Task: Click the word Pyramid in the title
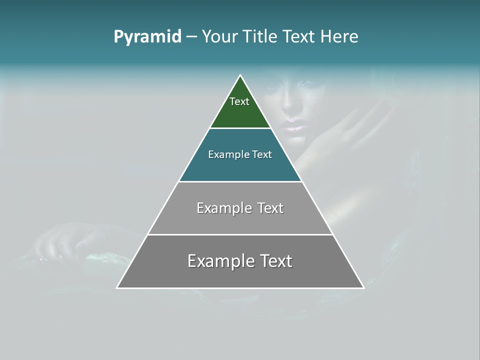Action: click(x=147, y=37)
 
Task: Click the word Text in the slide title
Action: click(x=299, y=36)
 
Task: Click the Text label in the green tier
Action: click(x=239, y=101)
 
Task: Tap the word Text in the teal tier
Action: click(x=262, y=154)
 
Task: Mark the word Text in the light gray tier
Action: click(x=271, y=208)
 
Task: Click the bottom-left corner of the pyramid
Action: click(x=117, y=287)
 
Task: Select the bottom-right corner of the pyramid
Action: click(x=363, y=287)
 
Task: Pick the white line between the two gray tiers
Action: click(x=240, y=234)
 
